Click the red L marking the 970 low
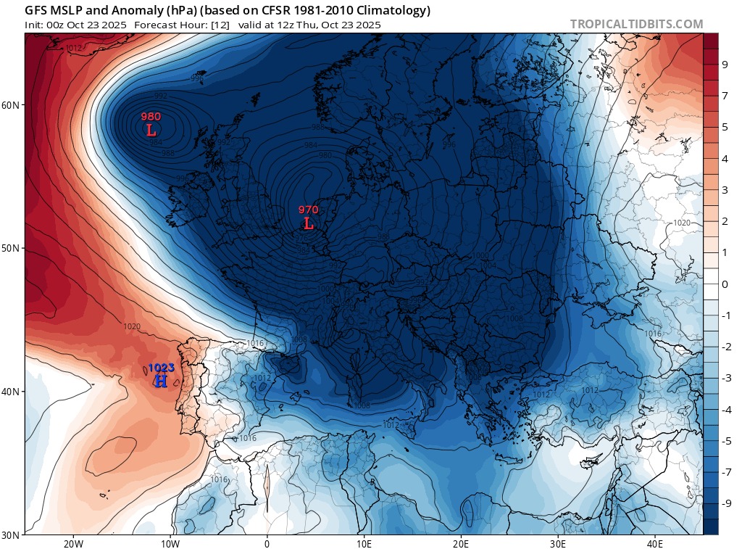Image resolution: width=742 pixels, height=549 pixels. pos(309,223)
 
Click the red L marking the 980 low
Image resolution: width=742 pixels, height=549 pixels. pos(151,131)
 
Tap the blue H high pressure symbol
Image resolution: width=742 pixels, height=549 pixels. pos(161,381)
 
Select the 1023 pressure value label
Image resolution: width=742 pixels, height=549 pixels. pos(161,368)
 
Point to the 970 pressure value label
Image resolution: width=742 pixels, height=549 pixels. pos(309,210)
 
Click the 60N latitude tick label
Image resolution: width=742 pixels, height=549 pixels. pos(11,105)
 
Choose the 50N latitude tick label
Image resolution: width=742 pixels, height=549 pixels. pos(11,248)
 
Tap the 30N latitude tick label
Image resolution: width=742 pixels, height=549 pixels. pos(11,535)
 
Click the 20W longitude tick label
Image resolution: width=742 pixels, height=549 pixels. pos(72,543)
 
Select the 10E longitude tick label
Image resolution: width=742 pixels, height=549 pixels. pos(364,543)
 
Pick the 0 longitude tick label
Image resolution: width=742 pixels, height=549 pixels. pos(267,543)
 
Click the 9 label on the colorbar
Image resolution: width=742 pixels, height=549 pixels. pos(725,65)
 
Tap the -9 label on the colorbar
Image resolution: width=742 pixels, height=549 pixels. pos(723,503)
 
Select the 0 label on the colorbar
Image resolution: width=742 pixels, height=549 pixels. pos(725,284)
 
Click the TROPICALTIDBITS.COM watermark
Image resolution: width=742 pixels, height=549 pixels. pos(636,24)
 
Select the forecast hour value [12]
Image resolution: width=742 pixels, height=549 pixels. pos(199,25)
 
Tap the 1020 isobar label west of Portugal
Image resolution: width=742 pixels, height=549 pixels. pos(132,327)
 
